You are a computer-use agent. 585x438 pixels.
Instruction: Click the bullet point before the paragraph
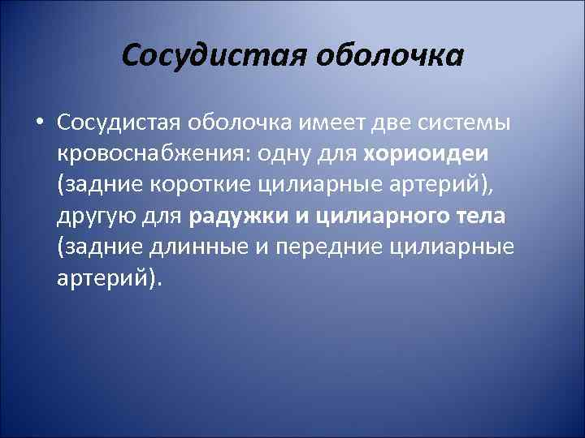[40, 122]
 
